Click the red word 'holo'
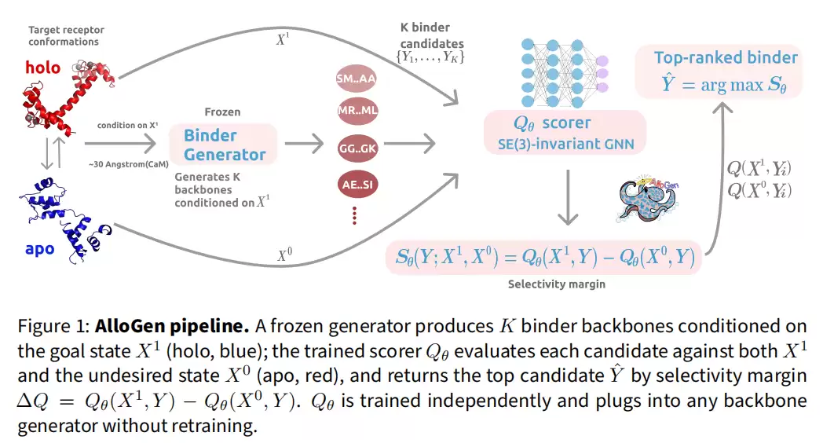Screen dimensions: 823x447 pos(42,68)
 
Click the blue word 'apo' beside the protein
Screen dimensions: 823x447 pos(39,248)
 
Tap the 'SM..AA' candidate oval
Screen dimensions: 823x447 pos(357,79)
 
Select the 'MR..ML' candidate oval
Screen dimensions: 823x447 pos(357,111)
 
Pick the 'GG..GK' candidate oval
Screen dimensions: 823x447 pos(357,148)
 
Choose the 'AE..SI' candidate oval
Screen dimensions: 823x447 pos(357,185)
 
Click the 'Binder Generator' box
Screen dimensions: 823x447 pos(223,145)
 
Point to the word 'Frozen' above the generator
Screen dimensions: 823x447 pos(222,112)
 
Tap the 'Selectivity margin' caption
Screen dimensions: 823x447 pos(556,284)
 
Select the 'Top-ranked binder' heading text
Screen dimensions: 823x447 pos(726,57)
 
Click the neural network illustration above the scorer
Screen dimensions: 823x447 pos(564,72)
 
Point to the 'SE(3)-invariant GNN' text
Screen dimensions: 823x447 pos(565,144)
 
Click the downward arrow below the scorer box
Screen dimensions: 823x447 pos(568,197)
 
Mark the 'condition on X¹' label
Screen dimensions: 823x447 pos(127,125)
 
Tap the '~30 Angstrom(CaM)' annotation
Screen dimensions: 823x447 pos(129,164)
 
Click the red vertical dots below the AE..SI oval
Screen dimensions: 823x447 pos(355,215)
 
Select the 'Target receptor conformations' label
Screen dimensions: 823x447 pos(66,35)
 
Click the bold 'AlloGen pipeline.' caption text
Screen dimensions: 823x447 pos(172,326)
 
